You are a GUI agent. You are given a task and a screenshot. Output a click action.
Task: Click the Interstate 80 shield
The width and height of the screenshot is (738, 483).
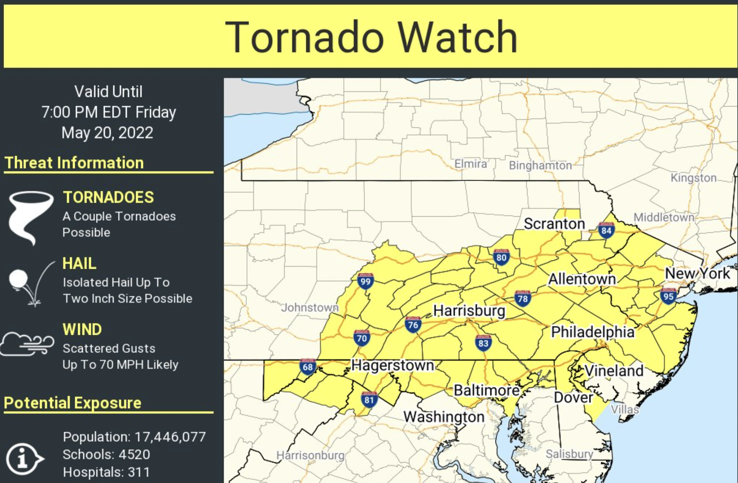[501, 257]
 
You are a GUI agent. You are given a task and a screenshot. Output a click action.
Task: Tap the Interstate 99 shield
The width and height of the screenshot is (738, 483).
[365, 281]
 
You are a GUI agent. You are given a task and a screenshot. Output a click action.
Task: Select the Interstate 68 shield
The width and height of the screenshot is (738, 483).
[307, 367]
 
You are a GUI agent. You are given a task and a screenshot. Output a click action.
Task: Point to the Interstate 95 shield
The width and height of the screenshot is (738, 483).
[668, 296]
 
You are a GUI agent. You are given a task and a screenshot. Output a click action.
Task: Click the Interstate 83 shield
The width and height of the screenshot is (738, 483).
[483, 343]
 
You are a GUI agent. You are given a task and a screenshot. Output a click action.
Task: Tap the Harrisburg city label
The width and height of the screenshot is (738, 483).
[469, 311]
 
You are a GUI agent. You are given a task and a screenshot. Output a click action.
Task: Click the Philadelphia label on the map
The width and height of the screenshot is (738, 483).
[592, 332]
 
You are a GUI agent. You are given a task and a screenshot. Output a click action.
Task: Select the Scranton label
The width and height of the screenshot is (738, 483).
[554, 224]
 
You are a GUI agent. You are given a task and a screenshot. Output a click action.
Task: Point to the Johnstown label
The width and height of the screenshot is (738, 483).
[309, 308]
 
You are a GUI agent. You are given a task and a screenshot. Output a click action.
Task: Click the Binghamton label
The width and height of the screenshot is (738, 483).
[540, 165]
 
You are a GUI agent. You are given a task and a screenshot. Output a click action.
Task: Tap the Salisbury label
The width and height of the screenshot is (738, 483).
[569, 454]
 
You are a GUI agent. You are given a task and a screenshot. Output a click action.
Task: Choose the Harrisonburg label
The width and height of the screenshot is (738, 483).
[310, 455]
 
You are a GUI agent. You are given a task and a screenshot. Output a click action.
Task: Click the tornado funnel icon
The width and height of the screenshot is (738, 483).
[30, 216]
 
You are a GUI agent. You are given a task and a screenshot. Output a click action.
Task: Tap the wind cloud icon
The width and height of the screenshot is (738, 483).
[27, 344]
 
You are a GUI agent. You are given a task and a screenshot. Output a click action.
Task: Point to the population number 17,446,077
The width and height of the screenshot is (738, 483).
[170, 437]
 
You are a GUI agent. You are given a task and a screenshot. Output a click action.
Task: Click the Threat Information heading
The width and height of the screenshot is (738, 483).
[74, 163]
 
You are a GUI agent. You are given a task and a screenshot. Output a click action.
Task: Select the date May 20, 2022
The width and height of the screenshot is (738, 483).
[107, 133]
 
